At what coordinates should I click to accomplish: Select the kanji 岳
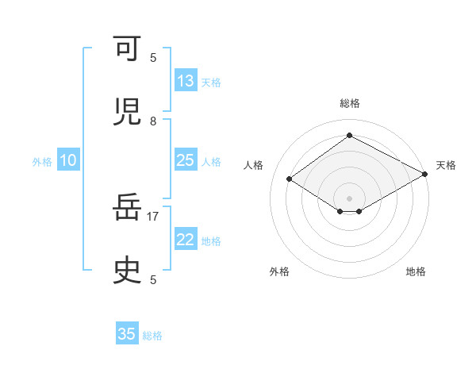point(128,208)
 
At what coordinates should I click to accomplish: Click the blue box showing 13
point(186,81)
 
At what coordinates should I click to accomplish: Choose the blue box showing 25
point(186,160)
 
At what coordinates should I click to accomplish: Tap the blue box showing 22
point(186,240)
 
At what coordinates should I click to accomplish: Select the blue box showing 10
point(68,160)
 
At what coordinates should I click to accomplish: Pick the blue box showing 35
point(127,334)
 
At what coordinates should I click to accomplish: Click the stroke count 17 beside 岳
point(153,215)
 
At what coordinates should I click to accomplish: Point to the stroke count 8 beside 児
point(153,121)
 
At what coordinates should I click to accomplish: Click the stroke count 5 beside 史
point(153,279)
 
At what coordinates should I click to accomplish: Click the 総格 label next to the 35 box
point(153,336)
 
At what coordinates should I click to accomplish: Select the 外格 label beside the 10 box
point(42,161)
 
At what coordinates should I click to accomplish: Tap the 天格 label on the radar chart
point(446,165)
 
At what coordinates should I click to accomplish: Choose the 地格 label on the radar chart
point(416,271)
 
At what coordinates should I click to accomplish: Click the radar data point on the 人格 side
point(290,179)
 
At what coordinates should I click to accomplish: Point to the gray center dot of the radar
point(350,198)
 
